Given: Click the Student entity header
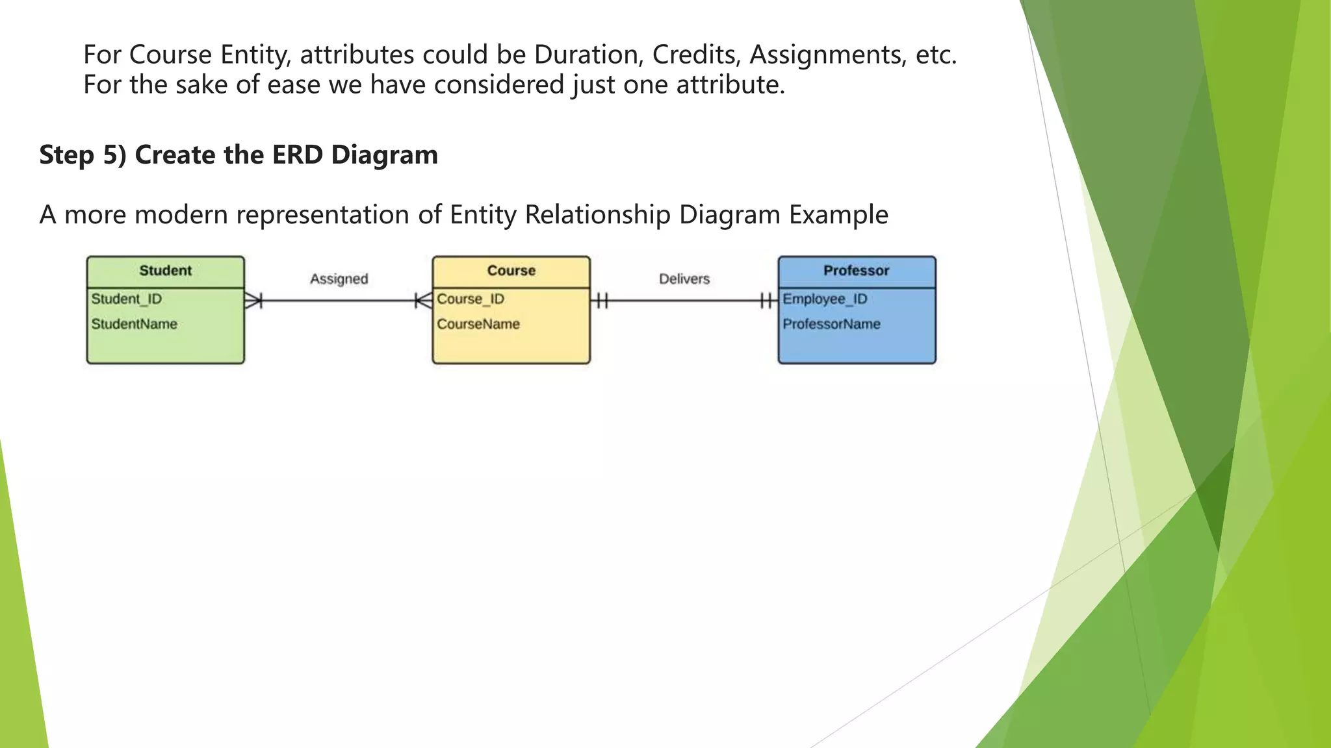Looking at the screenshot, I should pos(165,271).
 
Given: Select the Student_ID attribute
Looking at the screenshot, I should pos(127,299).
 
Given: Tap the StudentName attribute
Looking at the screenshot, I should pos(134,324).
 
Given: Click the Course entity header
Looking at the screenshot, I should pos(511,271).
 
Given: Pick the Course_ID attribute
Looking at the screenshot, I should pos(471,299).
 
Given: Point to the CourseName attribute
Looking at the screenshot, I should pos(478,324).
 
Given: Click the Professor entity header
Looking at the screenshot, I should pos(856,271).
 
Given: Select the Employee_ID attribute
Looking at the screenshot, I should pos(825,299).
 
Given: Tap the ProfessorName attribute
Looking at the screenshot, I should pos(831,324).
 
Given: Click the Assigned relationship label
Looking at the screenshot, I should pos(339,279).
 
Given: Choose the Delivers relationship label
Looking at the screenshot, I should pos(684,279).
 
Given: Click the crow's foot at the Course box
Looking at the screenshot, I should pos(423,301).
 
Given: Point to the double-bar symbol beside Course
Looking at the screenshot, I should pos(602,301).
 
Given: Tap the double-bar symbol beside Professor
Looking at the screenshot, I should pos(767,301).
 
